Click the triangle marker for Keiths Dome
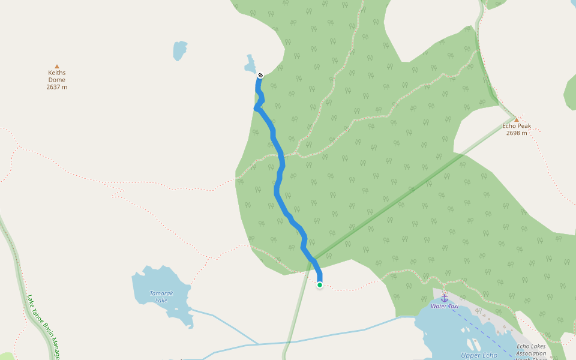(57, 66)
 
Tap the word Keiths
(57, 73)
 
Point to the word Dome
(57, 80)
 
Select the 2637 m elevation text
(57, 87)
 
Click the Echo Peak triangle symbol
(516, 119)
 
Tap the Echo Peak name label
(516, 126)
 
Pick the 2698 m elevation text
(516, 133)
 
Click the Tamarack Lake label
(161, 296)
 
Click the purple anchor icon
(445, 298)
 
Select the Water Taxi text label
(445, 306)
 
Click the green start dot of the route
(320, 285)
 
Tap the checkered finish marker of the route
(260, 75)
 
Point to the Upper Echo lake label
(479, 355)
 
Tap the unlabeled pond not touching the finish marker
(179, 50)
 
